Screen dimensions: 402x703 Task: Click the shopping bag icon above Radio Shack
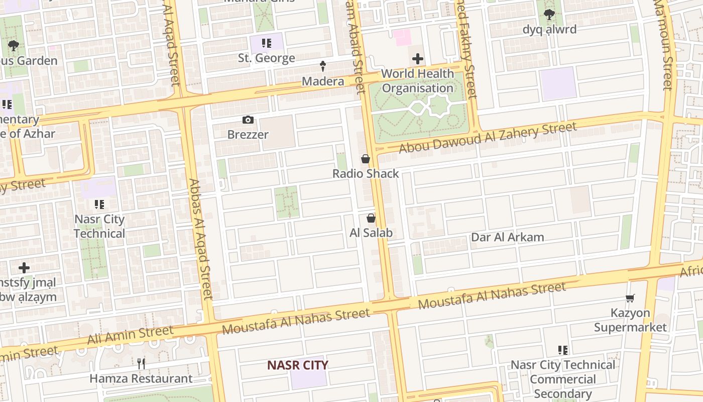(366, 159)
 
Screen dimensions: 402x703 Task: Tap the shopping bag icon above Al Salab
(371, 218)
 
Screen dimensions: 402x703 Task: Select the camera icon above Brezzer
(248, 120)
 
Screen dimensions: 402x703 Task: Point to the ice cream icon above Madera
(323, 66)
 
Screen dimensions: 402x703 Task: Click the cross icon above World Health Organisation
(418, 59)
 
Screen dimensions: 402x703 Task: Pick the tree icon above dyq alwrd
(549, 15)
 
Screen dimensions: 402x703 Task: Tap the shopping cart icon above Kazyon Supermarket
(630, 298)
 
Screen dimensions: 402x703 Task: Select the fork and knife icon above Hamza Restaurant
(141, 363)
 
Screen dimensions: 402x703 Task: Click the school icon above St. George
(266, 43)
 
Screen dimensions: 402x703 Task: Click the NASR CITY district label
(298, 365)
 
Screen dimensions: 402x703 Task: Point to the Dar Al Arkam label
(507, 237)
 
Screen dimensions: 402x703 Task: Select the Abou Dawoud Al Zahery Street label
(488, 138)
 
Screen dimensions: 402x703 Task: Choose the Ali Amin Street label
(130, 335)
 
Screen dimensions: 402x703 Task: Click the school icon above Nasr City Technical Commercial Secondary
(563, 350)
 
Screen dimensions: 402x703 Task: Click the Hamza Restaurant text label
(141, 378)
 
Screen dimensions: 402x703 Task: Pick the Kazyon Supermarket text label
(630, 320)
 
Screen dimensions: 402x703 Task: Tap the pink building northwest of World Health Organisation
(402, 37)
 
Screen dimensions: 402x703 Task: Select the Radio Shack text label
(366, 174)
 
